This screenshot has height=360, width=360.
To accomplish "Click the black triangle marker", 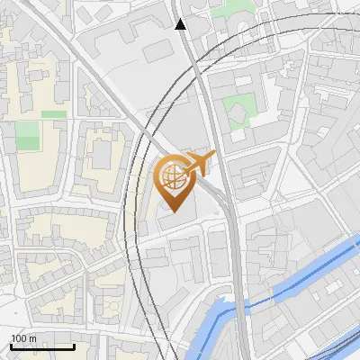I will click(x=181, y=24).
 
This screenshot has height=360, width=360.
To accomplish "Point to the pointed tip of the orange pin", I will click(x=172, y=211).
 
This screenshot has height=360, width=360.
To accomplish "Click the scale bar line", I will click(x=42, y=346).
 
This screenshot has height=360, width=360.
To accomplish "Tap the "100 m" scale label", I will click(x=22, y=338).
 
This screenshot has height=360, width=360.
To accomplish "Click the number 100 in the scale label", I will click(x=18, y=338).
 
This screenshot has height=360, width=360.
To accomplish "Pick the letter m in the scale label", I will click(x=31, y=338).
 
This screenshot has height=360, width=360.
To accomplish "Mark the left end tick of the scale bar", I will click(x=11, y=345).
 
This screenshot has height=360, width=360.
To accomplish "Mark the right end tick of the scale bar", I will click(x=74, y=345).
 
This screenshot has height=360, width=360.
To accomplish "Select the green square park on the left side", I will click(x=28, y=136).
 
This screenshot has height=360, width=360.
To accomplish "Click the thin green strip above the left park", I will click(x=54, y=114).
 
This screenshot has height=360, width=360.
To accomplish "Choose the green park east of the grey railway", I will click(x=238, y=112).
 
